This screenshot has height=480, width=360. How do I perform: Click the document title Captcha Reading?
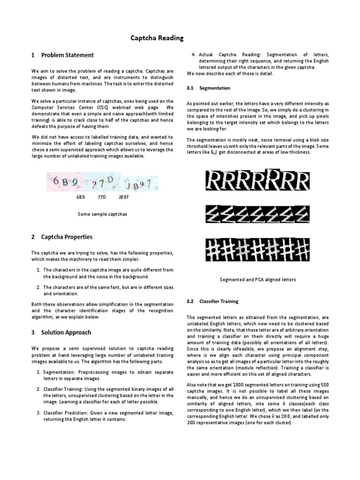157,37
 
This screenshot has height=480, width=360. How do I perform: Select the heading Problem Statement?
67,55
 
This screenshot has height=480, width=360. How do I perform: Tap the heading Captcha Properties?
67,237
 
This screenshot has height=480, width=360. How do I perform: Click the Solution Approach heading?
66,332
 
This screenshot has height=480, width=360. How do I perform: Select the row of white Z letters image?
258,215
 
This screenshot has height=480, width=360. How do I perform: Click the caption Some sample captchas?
103,214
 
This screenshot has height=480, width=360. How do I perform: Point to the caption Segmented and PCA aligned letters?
258,279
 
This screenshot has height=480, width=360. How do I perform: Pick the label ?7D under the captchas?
102,197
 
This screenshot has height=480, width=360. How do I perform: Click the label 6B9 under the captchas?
81,197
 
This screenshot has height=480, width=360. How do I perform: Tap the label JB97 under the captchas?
124,197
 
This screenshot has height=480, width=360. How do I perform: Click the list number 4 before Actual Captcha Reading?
194,54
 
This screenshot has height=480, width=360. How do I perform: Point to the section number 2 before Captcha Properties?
33,237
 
